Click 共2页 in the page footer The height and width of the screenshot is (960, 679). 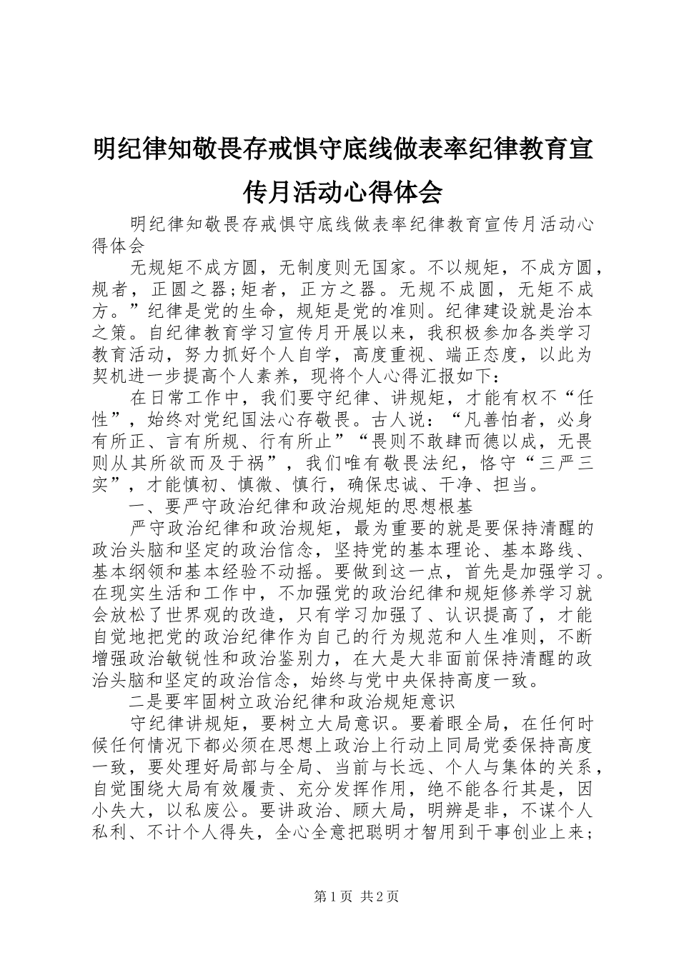pyautogui.click(x=380, y=896)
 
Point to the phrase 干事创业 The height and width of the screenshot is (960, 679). pyautogui.click(x=522, y=836)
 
